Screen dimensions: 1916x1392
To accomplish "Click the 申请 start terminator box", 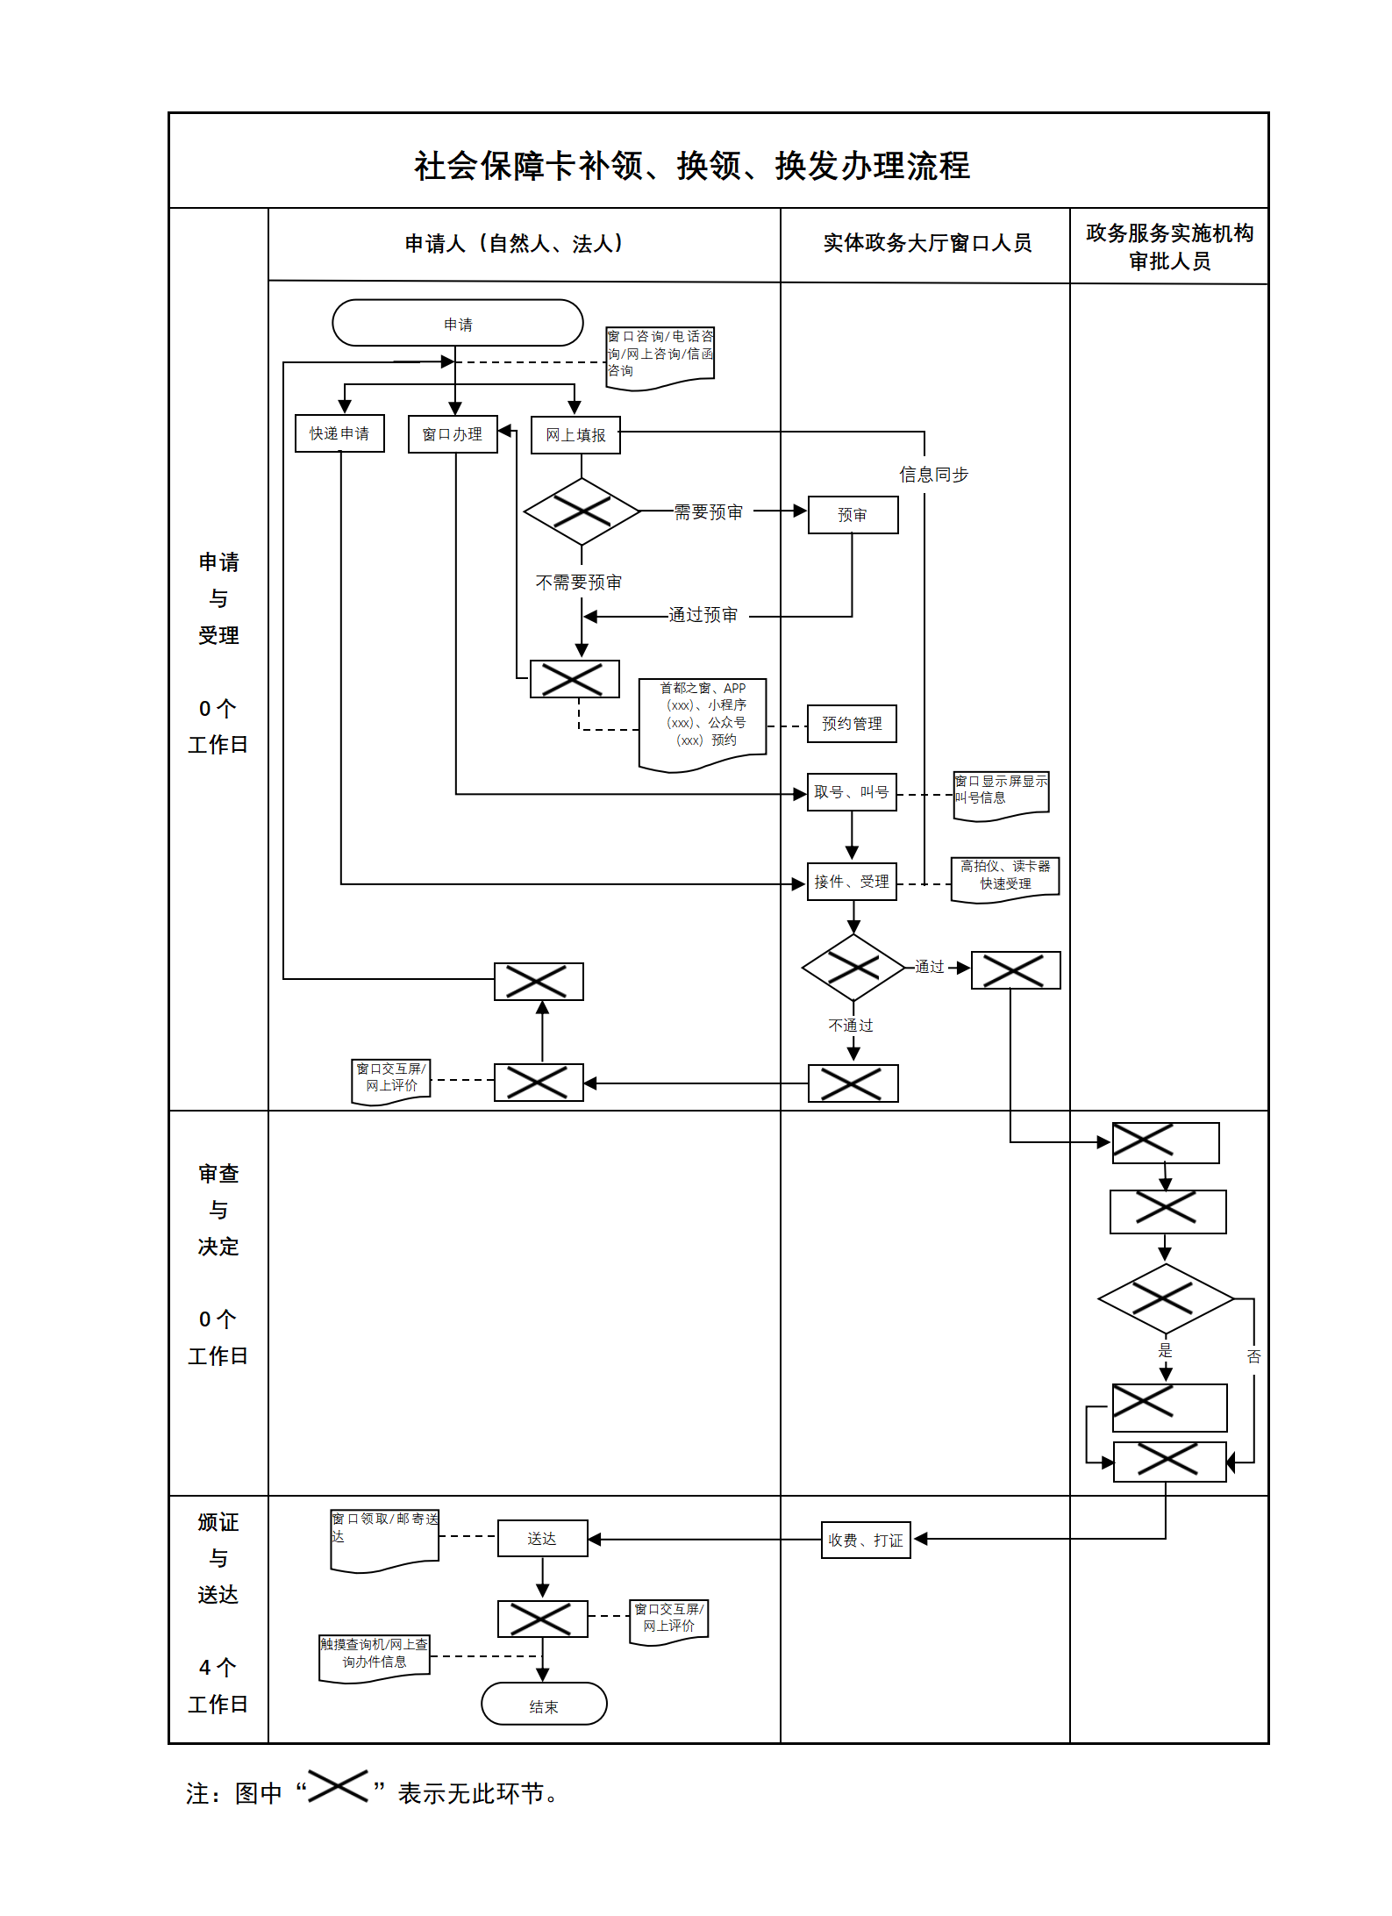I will coord(457,324).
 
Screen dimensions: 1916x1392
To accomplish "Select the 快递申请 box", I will coord(339,433).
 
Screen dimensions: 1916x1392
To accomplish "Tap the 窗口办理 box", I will coord(453,434).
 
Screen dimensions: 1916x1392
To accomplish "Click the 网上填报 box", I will coord(575,435).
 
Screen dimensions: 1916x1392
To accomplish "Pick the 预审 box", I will coord(853,515).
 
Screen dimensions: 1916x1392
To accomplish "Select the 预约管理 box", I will coord(852,724).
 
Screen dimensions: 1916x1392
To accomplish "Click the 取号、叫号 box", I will coord(852,792).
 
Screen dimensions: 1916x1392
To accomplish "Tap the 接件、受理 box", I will coord(852,882).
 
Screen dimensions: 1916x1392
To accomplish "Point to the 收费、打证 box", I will coord(866,1540).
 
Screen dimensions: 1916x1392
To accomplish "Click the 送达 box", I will coord(542,1539).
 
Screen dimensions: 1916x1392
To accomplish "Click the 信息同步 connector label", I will coord(933,475).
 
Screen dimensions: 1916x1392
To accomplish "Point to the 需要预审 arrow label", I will coord(709,512).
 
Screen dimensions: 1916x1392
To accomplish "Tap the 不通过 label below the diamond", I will coord(851,1026).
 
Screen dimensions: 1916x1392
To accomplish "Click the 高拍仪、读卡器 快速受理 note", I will coord(1005,876).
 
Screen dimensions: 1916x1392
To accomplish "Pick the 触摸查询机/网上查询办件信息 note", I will coord(375,1655).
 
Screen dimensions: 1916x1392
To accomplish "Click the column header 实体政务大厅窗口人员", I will coord(927,243).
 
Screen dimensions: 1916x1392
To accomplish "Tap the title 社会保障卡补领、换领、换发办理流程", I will coord(692,166).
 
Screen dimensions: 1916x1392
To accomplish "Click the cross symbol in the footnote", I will coord(338,1786).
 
